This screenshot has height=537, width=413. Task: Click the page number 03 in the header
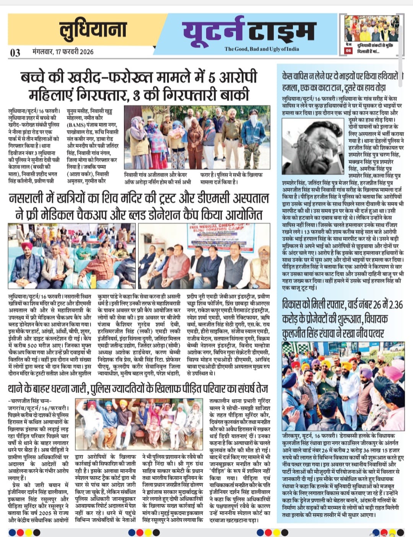point(15,52)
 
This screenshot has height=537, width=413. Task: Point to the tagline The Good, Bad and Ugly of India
point(262,49)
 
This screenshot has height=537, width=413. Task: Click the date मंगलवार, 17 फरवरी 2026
point(63,52)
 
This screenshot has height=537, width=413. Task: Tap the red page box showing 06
point(348,50)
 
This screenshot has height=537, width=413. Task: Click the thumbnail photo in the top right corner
point(371,28)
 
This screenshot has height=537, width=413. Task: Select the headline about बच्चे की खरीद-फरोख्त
point(139,86)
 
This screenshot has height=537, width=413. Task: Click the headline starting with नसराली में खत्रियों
point(139,206)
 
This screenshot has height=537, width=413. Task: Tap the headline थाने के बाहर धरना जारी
point(138,389)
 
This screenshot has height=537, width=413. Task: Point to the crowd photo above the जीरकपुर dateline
point(343,386)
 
